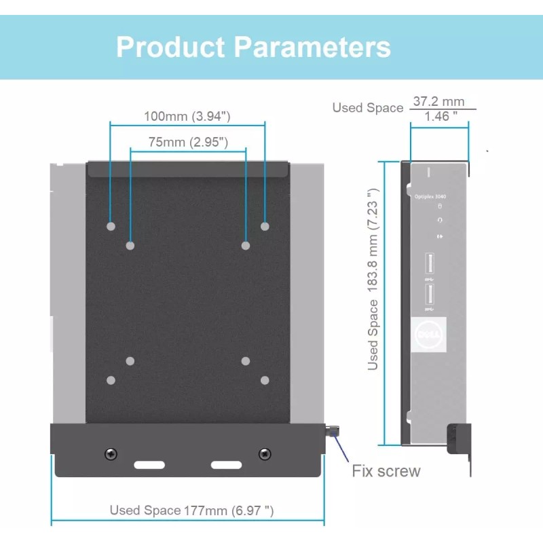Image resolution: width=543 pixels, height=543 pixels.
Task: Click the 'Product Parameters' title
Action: (x=253, y=48)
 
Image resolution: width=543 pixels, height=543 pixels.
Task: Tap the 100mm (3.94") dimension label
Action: (x=187, y=116)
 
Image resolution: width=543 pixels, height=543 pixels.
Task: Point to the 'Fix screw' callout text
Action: (x=386, y=471)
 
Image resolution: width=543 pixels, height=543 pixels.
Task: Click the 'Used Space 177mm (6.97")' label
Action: (x=192, y=510)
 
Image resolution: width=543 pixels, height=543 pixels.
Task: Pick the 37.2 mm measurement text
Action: (x=438, y=101)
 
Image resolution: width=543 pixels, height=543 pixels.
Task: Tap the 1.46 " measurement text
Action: (x=440, y=117)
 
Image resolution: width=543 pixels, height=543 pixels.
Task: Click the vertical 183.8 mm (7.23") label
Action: (x=373, y=279)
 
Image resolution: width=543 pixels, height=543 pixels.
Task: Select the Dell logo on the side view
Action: (x=429, y=334)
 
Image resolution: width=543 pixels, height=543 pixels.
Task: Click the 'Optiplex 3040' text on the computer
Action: (x=430, y=196)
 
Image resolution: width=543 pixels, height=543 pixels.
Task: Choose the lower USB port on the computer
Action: (x=429, y=295)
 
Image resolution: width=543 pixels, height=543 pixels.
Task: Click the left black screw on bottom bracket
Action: (x=111, y=453)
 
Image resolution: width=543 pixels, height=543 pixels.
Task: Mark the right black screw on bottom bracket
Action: (x=265, y=453)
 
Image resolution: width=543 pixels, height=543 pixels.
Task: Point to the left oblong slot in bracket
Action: (x=149, y=466)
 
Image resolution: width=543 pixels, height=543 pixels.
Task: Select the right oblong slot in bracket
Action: (x=226, y=466)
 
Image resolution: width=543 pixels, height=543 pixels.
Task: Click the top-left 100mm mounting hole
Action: (x=111, y=226)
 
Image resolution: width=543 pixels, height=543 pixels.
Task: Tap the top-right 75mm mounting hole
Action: (x=246, y=245)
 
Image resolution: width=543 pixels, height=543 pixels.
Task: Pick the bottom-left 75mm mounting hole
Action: (x=131, y=361)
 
